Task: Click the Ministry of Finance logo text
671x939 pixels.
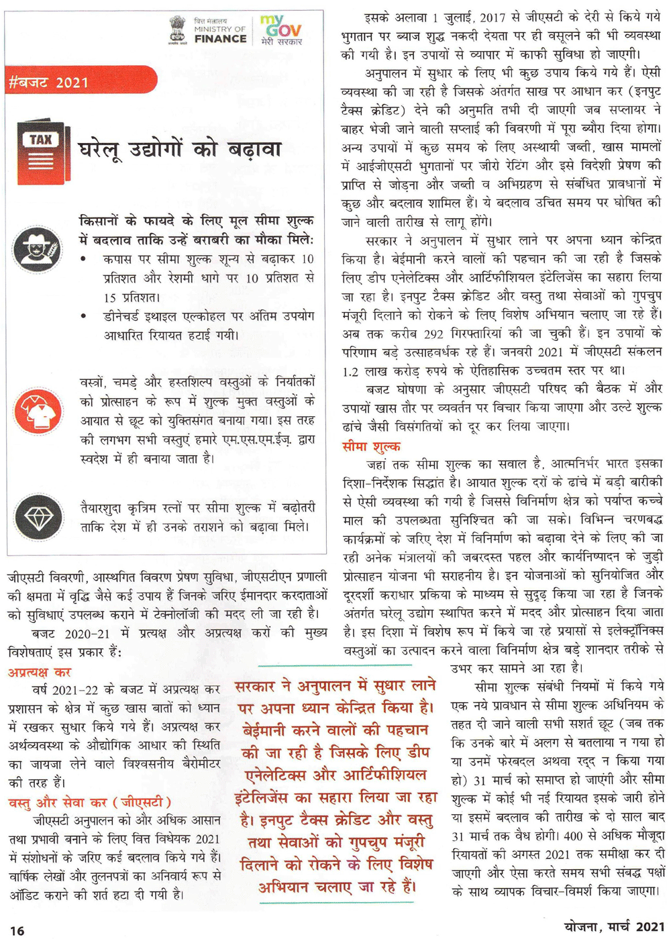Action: [219, 31]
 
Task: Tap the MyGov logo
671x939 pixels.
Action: [281, 30]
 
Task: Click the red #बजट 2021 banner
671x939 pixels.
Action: [81, 82]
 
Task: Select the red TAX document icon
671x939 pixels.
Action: [42, 152]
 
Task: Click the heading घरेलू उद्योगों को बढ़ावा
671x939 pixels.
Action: [180, 149]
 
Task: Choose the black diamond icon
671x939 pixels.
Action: [38, 516]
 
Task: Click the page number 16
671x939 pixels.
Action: [17, 930]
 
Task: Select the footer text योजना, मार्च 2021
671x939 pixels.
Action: [604, 926]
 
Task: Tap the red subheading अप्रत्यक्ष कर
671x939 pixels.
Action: [40, 672]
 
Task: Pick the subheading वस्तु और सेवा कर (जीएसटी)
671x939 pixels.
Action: [89, 802]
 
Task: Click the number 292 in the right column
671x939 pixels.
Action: [433, 333]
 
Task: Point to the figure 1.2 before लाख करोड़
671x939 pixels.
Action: [350, 371]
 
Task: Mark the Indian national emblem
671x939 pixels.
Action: [178, 30]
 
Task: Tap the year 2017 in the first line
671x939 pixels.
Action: [492, 17]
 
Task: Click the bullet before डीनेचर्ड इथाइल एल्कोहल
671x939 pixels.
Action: [83, 315]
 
